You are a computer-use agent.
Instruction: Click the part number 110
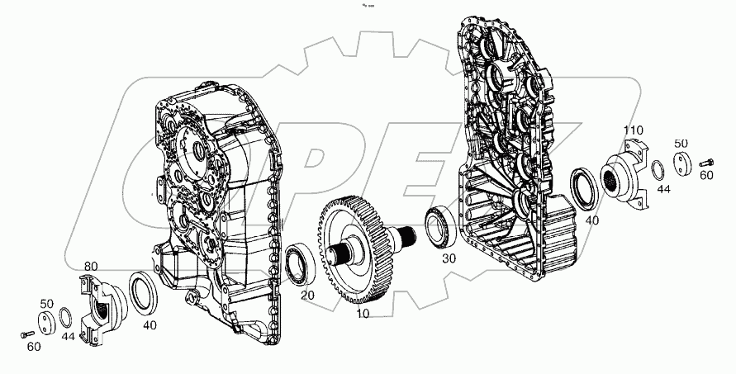point(633,130)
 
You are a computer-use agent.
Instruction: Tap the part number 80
point(90,266)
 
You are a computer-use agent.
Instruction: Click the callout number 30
point(447,258)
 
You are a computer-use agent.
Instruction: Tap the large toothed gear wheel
point(357,247)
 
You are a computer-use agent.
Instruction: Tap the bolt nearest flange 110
point(707,162)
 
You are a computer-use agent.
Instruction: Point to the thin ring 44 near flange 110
point(657,170)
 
